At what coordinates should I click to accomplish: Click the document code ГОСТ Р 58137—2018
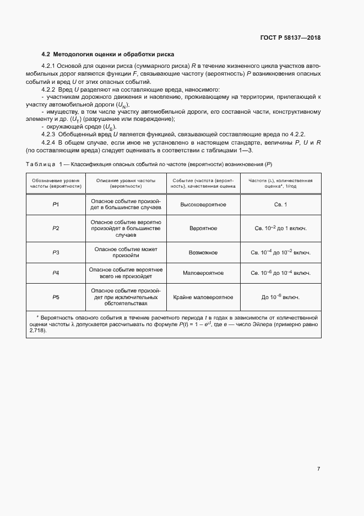pyautogui.click(x=290, y=38)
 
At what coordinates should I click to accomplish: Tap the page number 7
pyautogui.click(x=318, y=469)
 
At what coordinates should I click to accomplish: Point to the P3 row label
pyautogui.click(x=56, y=253)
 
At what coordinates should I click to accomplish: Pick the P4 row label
pyautogui.click(x=56, y=273)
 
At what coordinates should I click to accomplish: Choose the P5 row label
pyautogui.click(x=56, y=297)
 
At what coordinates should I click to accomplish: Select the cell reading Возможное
pyautogui.click(x=203, y=253)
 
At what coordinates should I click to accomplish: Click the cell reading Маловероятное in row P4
pyautogui.click(x=203, y=273)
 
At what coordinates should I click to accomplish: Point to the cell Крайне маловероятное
pyautogui.click(x=203, y=297)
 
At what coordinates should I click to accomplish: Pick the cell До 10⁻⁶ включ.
pyautogui.click(x=280, y=297)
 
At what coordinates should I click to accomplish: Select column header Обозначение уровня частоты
pyautogui.click(x=56, y=184)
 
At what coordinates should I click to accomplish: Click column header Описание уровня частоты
pyautogui.click(x=126, y=184)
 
